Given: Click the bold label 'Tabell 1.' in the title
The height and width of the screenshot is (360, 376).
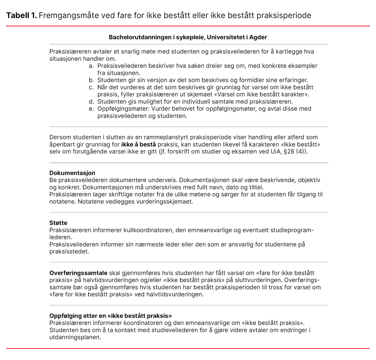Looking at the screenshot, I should tap(21, 15).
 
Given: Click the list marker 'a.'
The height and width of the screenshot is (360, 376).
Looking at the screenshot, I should tap(91, 66).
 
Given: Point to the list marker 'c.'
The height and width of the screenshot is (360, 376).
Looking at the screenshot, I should tap(91, 87).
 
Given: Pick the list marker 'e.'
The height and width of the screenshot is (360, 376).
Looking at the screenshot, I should tap(91, 109).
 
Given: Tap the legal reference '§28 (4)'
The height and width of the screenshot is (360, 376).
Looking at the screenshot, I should tap(296, 151).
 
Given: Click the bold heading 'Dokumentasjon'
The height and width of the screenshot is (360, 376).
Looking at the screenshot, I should tap(72, 173).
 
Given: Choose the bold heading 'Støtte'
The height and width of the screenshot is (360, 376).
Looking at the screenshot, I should tap(58, 223).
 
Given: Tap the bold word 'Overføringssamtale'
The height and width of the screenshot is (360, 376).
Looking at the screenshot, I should tap(79, 273).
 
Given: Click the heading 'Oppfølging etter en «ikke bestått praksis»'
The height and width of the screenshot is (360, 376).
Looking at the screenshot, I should tap(111, 316).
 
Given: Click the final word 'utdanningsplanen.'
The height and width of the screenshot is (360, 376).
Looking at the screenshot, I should tap(75, 337).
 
